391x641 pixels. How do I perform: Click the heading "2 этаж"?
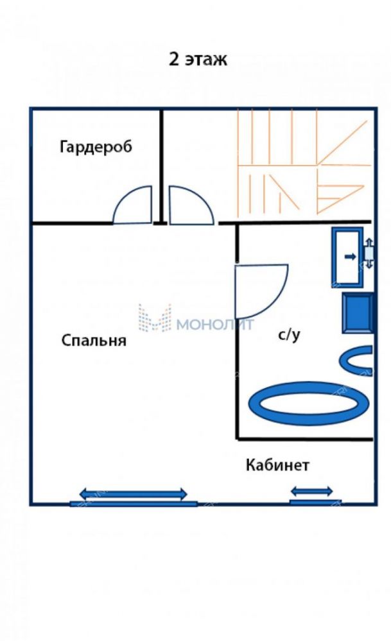coord(198,59)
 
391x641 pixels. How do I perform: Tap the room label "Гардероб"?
coord(96,147)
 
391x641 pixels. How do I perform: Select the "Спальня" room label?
coord(94,340)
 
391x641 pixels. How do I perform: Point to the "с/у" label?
coord(289,335)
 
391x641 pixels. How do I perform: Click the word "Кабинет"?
coord(277,465)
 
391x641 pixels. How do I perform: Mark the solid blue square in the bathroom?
coord(358,312)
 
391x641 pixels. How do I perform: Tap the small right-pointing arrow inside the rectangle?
coord(351,257)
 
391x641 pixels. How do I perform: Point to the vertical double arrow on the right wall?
coord(369,253)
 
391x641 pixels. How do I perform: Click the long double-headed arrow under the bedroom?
coord(134,494)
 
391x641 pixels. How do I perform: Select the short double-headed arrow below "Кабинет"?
coord(311,491)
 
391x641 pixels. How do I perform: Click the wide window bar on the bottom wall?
coord(134,504)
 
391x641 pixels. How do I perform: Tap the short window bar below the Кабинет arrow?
coord(315,502)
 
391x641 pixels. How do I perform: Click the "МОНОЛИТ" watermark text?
coord(215,325)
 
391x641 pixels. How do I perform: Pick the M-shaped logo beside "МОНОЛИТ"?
coord(155,318)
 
